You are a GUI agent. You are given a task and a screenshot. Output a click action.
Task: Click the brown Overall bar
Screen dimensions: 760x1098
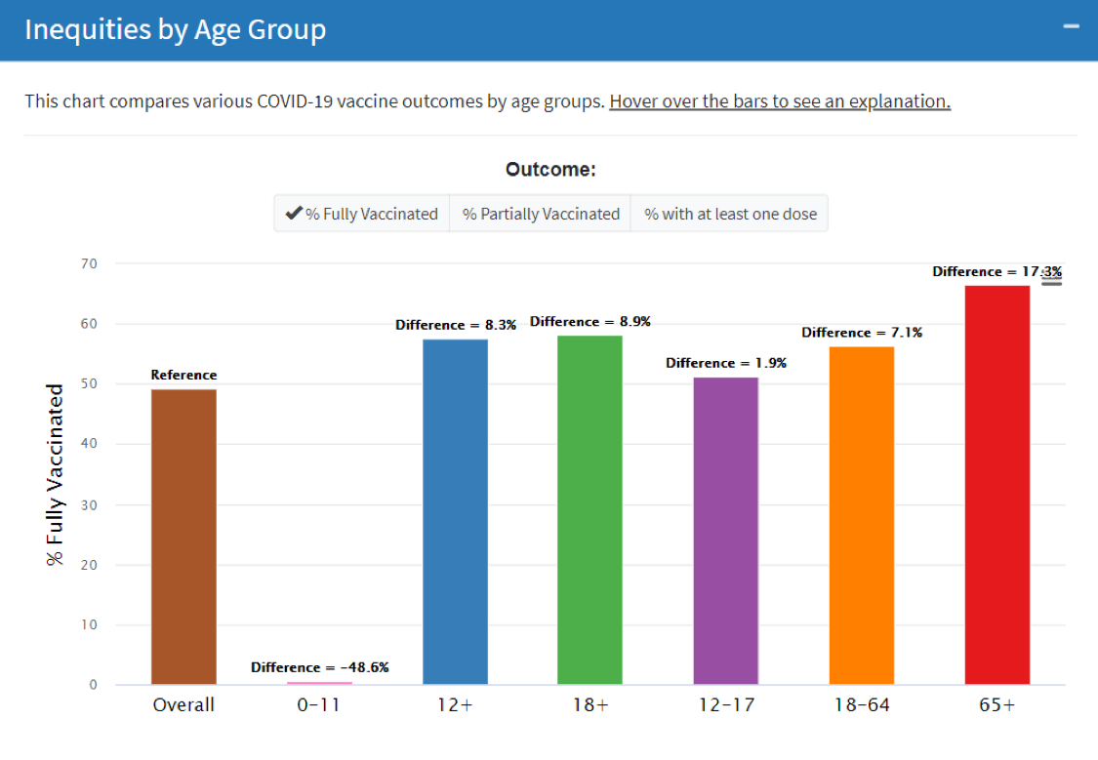tap(183, 537)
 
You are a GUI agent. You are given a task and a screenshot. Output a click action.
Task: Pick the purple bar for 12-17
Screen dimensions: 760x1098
tap(725, 531)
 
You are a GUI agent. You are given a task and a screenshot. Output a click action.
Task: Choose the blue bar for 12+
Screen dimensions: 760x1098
tap(455, 511)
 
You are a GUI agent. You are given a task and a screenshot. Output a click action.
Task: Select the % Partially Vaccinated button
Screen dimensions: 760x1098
tap(541, 214)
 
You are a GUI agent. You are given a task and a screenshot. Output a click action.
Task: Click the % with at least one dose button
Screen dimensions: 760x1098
tap(730, 214)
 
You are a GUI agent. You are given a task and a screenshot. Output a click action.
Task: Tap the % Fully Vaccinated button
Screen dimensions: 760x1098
tap(361, 214)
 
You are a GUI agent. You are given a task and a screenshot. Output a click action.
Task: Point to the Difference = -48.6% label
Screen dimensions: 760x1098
tap(320, 667)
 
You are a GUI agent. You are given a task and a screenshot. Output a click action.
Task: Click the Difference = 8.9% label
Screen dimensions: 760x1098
tap(590, 321)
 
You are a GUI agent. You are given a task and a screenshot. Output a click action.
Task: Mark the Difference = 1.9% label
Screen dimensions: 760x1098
tap(725, 363)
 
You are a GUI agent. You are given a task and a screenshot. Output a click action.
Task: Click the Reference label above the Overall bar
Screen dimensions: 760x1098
tap(183, 375)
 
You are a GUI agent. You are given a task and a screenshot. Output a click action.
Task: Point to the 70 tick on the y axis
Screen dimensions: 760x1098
tap(90, 263)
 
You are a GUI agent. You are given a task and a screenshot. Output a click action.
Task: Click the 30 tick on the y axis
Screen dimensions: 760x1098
tap(90, 504)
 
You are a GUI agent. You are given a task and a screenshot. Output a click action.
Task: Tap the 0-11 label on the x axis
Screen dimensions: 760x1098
tap(319, 704)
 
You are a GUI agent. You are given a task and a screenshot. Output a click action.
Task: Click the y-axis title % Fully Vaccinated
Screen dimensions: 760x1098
tap(56, 474)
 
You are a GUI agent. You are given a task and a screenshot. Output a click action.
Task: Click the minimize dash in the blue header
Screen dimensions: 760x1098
tap(1072, 26)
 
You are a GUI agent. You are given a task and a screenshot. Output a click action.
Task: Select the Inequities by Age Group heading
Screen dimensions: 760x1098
tap(175, 29)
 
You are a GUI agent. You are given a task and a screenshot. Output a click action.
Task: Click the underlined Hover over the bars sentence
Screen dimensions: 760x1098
tap(780, 101)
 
